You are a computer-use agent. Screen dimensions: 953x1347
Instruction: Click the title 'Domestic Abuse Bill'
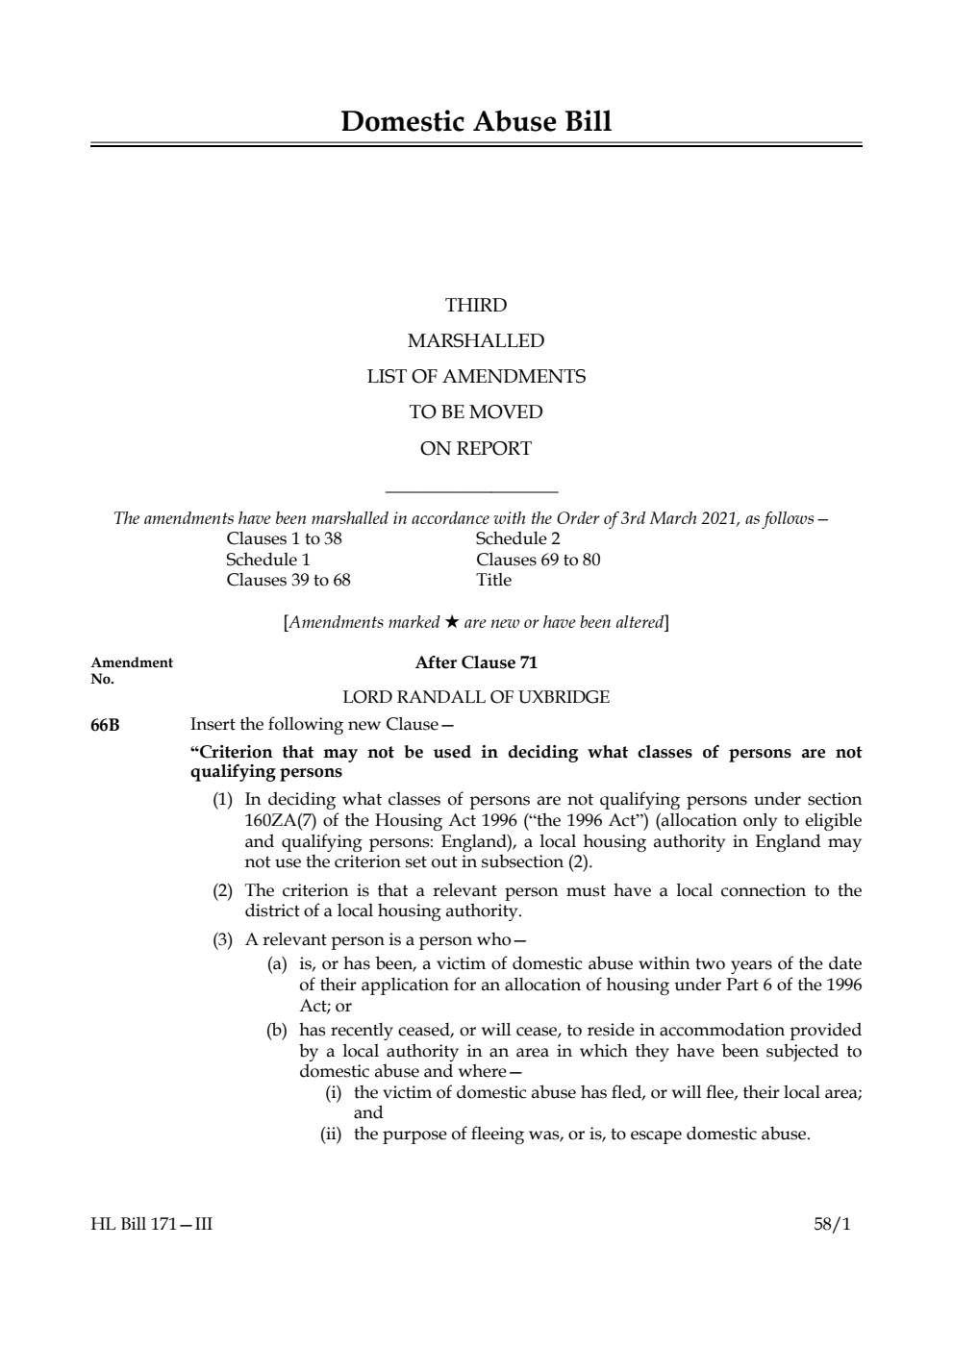(476, 122)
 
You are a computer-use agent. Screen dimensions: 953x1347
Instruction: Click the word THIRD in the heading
(476, 306)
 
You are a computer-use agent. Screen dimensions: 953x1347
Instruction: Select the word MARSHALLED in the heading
(476, 341)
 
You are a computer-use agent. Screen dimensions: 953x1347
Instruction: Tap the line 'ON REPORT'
(476, 448)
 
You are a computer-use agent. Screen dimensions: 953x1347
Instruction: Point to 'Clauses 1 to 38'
(284, 538)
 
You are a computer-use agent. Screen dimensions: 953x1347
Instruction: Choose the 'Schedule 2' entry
(517, 538)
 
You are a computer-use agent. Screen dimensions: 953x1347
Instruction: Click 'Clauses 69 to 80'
(538, 560)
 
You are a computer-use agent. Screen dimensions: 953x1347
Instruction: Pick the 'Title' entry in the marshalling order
(493, 580)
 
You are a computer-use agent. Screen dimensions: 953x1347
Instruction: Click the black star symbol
(452, 622)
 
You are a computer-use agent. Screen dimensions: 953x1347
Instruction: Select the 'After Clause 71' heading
(476, 662)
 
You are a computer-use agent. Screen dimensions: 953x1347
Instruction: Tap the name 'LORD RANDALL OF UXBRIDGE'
(476, 697)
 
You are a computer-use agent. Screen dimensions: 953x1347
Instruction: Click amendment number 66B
(105, 725)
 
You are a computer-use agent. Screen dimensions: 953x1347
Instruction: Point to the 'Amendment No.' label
(131, 670)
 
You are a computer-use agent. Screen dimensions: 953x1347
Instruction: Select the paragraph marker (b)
(277, 1030)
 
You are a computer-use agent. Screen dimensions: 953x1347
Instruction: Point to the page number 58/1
(832, 1225)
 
